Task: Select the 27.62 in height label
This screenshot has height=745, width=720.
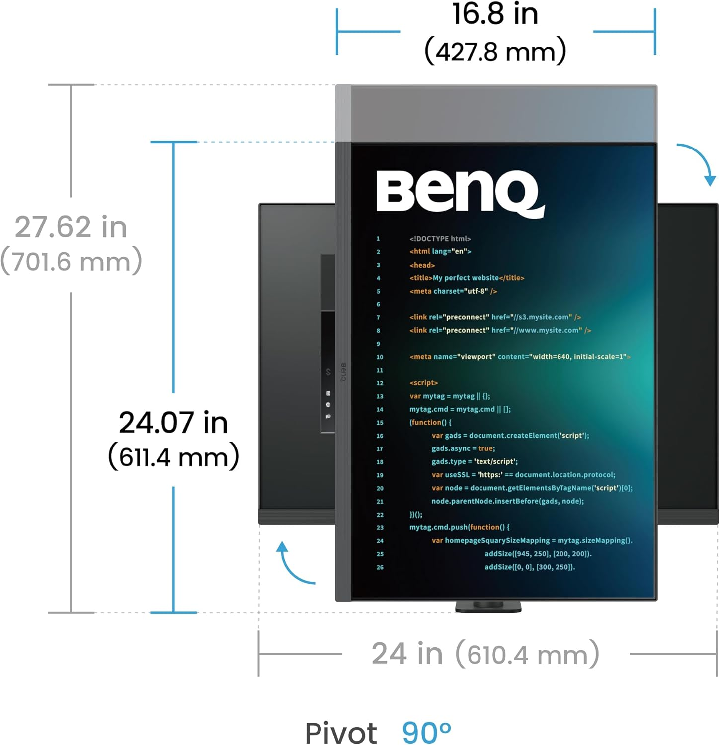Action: pyautogui.click(x=71, y=227)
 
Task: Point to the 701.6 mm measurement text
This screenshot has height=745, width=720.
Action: pyautogui.click(x=71, y=261)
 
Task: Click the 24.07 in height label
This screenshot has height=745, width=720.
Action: pyautogui.click(x=173, y=423)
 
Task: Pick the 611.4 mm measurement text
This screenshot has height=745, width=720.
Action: pyautogui.click(x=173, y=456)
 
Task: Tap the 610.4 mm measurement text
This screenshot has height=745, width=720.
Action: pyautogui.click(x=527, y=654)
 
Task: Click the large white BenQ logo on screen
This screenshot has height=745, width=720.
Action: pyautogui.click(x=460, y=193)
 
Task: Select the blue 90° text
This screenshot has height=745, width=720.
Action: pyautogui.click(x=426, y=732)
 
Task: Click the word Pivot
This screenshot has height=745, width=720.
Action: pyautogui.click(x=341, y=733)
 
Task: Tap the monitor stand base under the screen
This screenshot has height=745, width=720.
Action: pyautogui.click(x=488, y=606)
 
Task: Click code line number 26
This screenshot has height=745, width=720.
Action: pyautogui.click(x=380, y=567)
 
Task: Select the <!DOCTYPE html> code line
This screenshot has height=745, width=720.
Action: pyautogui.click(x=440, y=239)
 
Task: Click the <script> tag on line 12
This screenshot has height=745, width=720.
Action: pyautogui.click(x=423, y=383)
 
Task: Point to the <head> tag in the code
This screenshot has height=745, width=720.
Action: pyautogui.click(x=422, y=265)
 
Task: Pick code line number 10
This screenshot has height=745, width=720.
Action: pyautogui.click(x=380, y=357)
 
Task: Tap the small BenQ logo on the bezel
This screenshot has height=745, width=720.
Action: pyautogui.click(x=343, y=372)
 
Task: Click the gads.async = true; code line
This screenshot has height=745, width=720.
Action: pyautogui.click(x=463, y=448)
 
